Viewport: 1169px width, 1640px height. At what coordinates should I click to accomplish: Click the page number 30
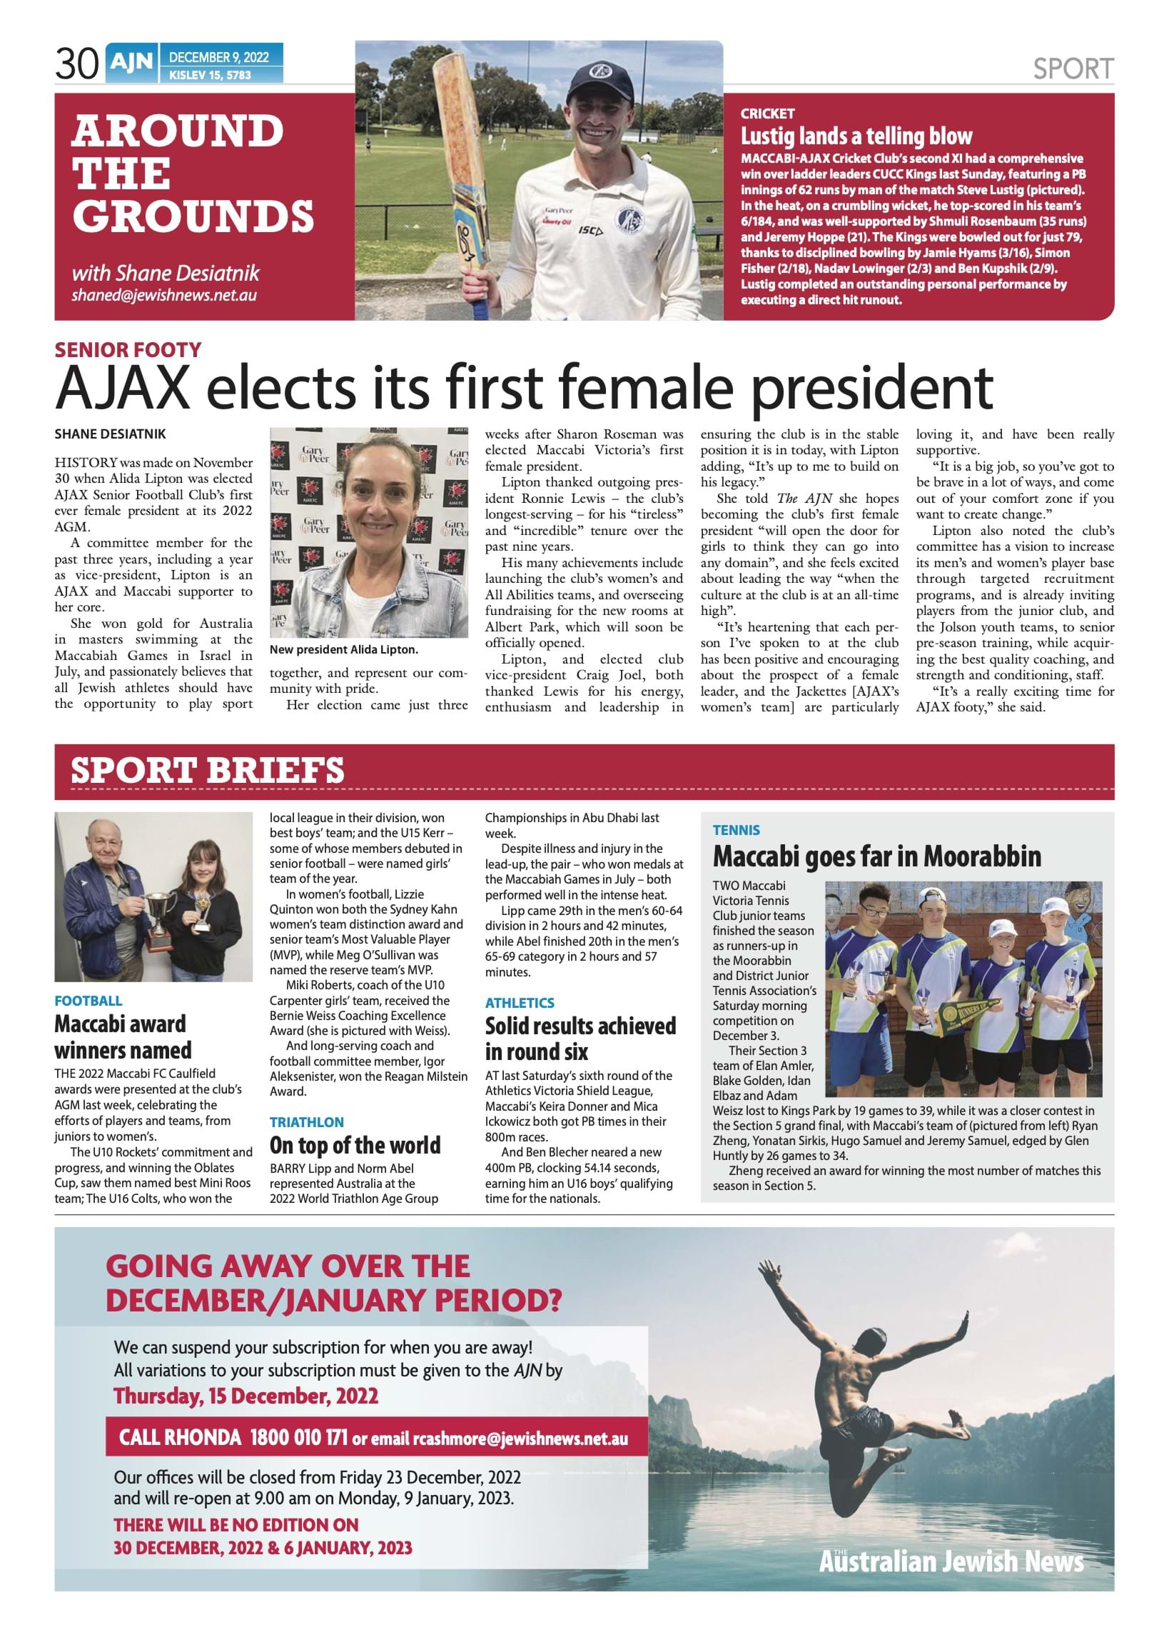click(76, 65)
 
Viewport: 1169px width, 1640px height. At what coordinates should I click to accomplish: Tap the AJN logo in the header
click(131, 64)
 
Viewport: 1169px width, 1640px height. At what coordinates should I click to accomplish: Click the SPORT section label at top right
click(1073, 69)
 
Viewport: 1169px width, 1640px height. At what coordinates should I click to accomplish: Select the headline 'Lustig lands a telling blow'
click(856, 136)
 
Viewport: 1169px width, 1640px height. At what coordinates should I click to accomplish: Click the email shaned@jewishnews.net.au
click(163, 295)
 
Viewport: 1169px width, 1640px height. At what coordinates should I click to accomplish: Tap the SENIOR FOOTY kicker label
click(128, 350)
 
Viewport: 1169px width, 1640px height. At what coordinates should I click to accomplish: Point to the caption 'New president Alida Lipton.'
click(343, 650)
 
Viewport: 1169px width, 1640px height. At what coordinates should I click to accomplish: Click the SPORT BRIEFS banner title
click(207, 771)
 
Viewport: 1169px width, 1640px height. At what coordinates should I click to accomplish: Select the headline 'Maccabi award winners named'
click(123, 1036)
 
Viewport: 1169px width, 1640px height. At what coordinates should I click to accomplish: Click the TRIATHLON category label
click(307, 1122)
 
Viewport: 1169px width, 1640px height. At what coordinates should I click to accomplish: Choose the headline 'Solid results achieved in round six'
click(580, 1039)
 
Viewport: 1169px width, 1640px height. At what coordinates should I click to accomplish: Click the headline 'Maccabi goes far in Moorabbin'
click(876, 856)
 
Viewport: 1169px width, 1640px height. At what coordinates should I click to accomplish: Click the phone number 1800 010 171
click(299, 1438)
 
